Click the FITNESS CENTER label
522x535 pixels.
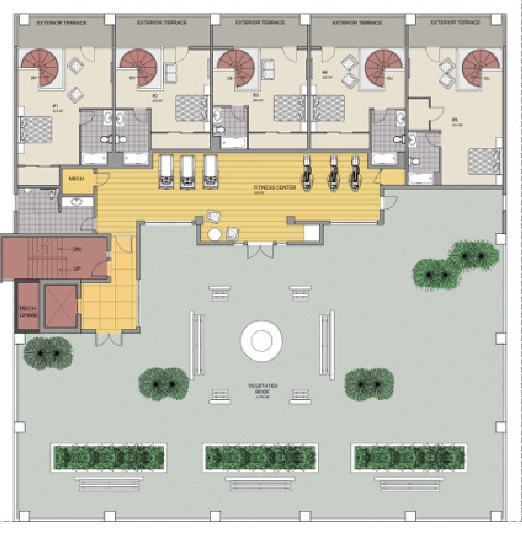(275, 187)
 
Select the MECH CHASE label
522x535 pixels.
(28, 311)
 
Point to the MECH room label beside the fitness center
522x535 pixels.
(76, 179)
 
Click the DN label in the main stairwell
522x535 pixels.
(77, 249)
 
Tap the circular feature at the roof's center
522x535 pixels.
(261, 341)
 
